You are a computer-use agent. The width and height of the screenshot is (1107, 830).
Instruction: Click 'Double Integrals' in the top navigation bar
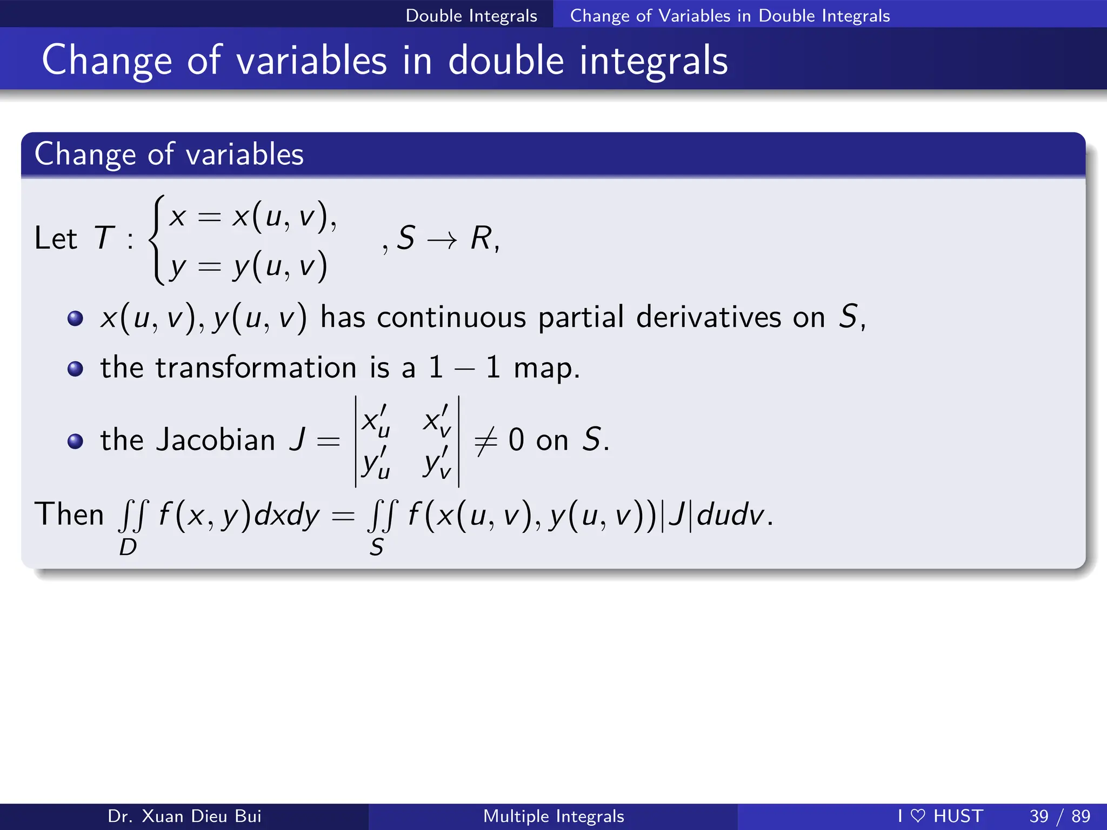471,15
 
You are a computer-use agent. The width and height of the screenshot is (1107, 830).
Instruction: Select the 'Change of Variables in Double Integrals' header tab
730,15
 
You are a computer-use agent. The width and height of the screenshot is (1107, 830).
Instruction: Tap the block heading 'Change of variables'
169,154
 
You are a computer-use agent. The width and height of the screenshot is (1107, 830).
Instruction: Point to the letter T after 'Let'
104,238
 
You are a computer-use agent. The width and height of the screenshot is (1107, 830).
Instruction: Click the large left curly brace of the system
157,239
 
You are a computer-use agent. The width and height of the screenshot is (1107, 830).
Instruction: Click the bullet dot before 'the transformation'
75,369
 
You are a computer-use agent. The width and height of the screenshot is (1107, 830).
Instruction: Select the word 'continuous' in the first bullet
451,317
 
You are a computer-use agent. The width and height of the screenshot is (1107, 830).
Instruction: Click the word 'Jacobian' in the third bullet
215,440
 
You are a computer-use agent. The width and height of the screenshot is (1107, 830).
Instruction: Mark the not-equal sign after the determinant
485,441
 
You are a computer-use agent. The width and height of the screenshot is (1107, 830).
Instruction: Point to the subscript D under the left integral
128,548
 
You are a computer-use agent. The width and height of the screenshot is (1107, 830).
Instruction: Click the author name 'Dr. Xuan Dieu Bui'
184,816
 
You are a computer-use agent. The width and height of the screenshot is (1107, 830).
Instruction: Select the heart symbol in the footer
918,816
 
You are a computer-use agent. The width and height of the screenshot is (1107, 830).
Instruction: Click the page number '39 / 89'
1059,816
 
